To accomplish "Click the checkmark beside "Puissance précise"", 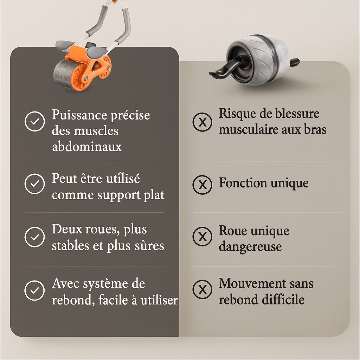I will click(34, 121).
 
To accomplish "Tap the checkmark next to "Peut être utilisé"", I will click(34, 184).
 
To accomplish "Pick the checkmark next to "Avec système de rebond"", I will click(34, 290).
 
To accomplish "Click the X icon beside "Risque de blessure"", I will click(202, 122).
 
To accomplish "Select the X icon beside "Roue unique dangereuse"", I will click(202, 237).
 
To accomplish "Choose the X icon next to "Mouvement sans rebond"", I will click(202, 290).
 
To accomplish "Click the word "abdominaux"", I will click(86, 147).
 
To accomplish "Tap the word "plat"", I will click(154, 195).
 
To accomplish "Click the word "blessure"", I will click(298, 114).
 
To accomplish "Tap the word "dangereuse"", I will click(250, 246).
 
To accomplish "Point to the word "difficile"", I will click(283, 300).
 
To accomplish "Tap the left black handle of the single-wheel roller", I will click(223, 69).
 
